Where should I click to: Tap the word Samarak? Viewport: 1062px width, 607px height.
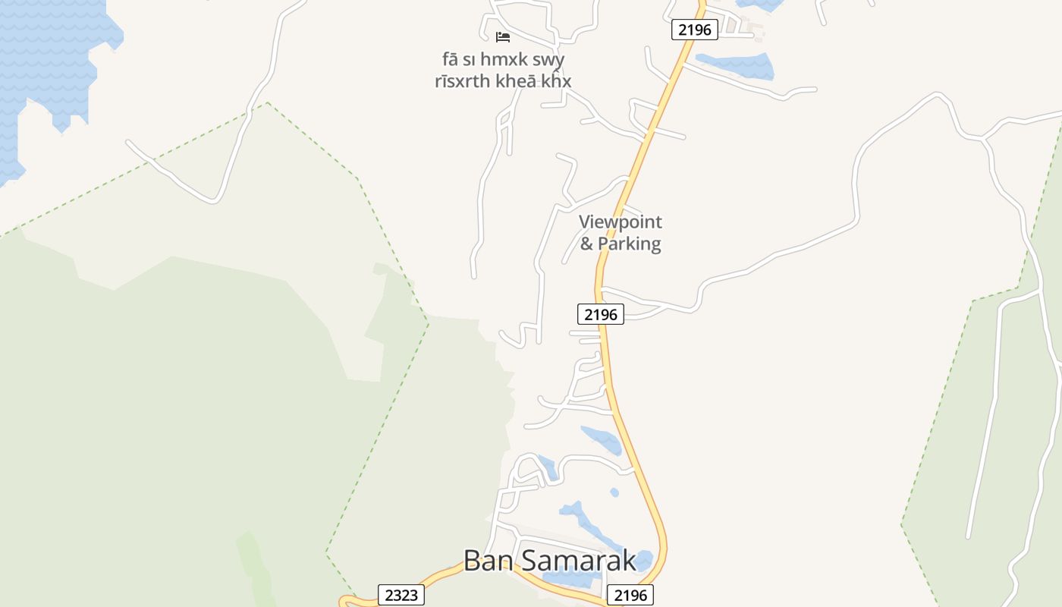[x=577, y=560]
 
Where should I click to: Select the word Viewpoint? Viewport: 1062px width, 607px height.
[x=621, y=222]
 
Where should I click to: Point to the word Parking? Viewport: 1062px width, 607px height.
[x=630, y=244]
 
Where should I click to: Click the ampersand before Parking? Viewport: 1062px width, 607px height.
[x=586, y=244]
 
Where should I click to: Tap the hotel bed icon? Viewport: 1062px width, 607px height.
[x=502, y=36]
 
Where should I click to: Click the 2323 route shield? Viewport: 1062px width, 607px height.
[x=401, y=595]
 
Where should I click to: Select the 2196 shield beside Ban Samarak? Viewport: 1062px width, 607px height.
[x=630, y=595]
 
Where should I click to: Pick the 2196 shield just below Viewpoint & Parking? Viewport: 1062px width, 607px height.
[x=600, y=313]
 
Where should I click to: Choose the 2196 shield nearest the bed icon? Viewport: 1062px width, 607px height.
[x=694, y=30]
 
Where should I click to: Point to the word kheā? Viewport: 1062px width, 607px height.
[x=515, y=81]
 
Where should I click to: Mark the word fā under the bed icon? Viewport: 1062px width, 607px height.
[x=450, y=59]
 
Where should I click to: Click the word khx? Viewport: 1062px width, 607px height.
[x=556, y=81]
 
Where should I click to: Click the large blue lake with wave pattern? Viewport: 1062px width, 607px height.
[x=46, y=61]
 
